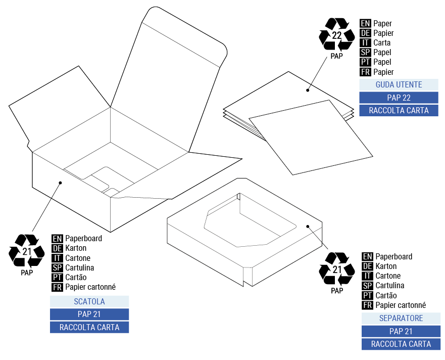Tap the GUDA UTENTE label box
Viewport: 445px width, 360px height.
point(399,84)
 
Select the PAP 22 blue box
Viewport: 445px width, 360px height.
point(399,97)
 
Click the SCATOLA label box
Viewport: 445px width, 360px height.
point(89,301)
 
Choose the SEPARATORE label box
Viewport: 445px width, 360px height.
point(401,319)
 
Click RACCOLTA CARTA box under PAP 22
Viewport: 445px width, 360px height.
point(399,110)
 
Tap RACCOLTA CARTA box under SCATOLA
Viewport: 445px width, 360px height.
point(89,327)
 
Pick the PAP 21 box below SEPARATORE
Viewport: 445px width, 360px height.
point(401,331)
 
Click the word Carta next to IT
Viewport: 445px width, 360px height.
point(382,43)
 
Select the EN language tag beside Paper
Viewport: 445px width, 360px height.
point(365,23)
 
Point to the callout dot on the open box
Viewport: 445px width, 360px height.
point(60,183)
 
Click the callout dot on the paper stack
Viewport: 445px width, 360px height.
point(307,90)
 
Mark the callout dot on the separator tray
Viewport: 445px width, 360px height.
point(308,227)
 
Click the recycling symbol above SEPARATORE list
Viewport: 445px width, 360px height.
point(337,268)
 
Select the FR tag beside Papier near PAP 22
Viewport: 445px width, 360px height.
point(365,72)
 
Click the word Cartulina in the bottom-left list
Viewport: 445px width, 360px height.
point(79,267)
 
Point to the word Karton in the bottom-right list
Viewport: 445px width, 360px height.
point(386,266)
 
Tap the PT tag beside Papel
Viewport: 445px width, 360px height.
point(365,62)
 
